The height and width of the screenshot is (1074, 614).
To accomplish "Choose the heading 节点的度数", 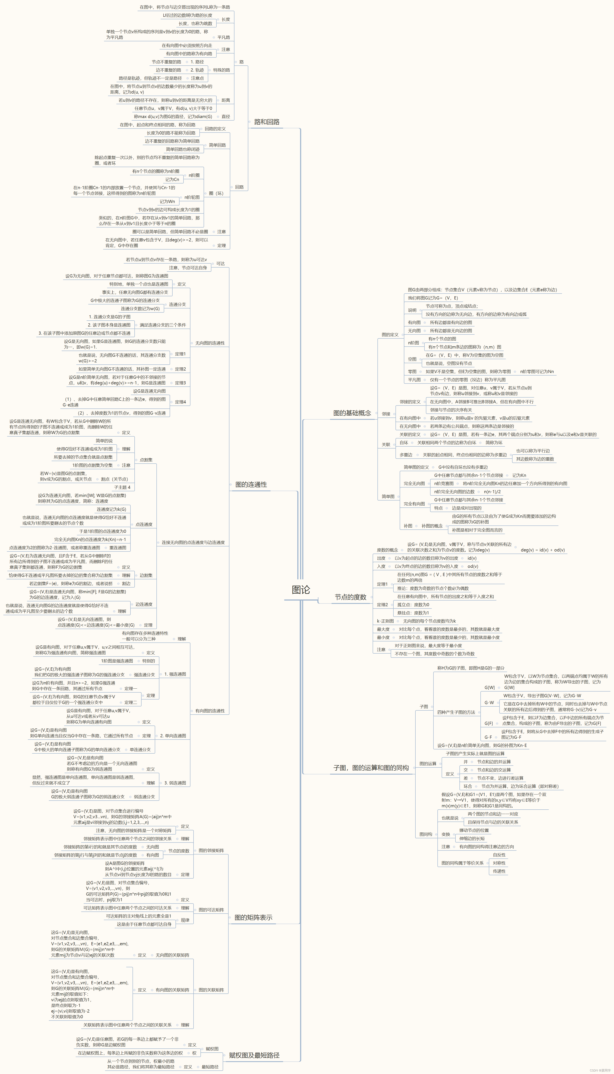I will pos(350,597).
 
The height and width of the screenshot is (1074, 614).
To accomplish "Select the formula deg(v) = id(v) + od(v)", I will pos(542,550).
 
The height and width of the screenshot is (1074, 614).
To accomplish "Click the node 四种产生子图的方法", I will pos(456,712).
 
